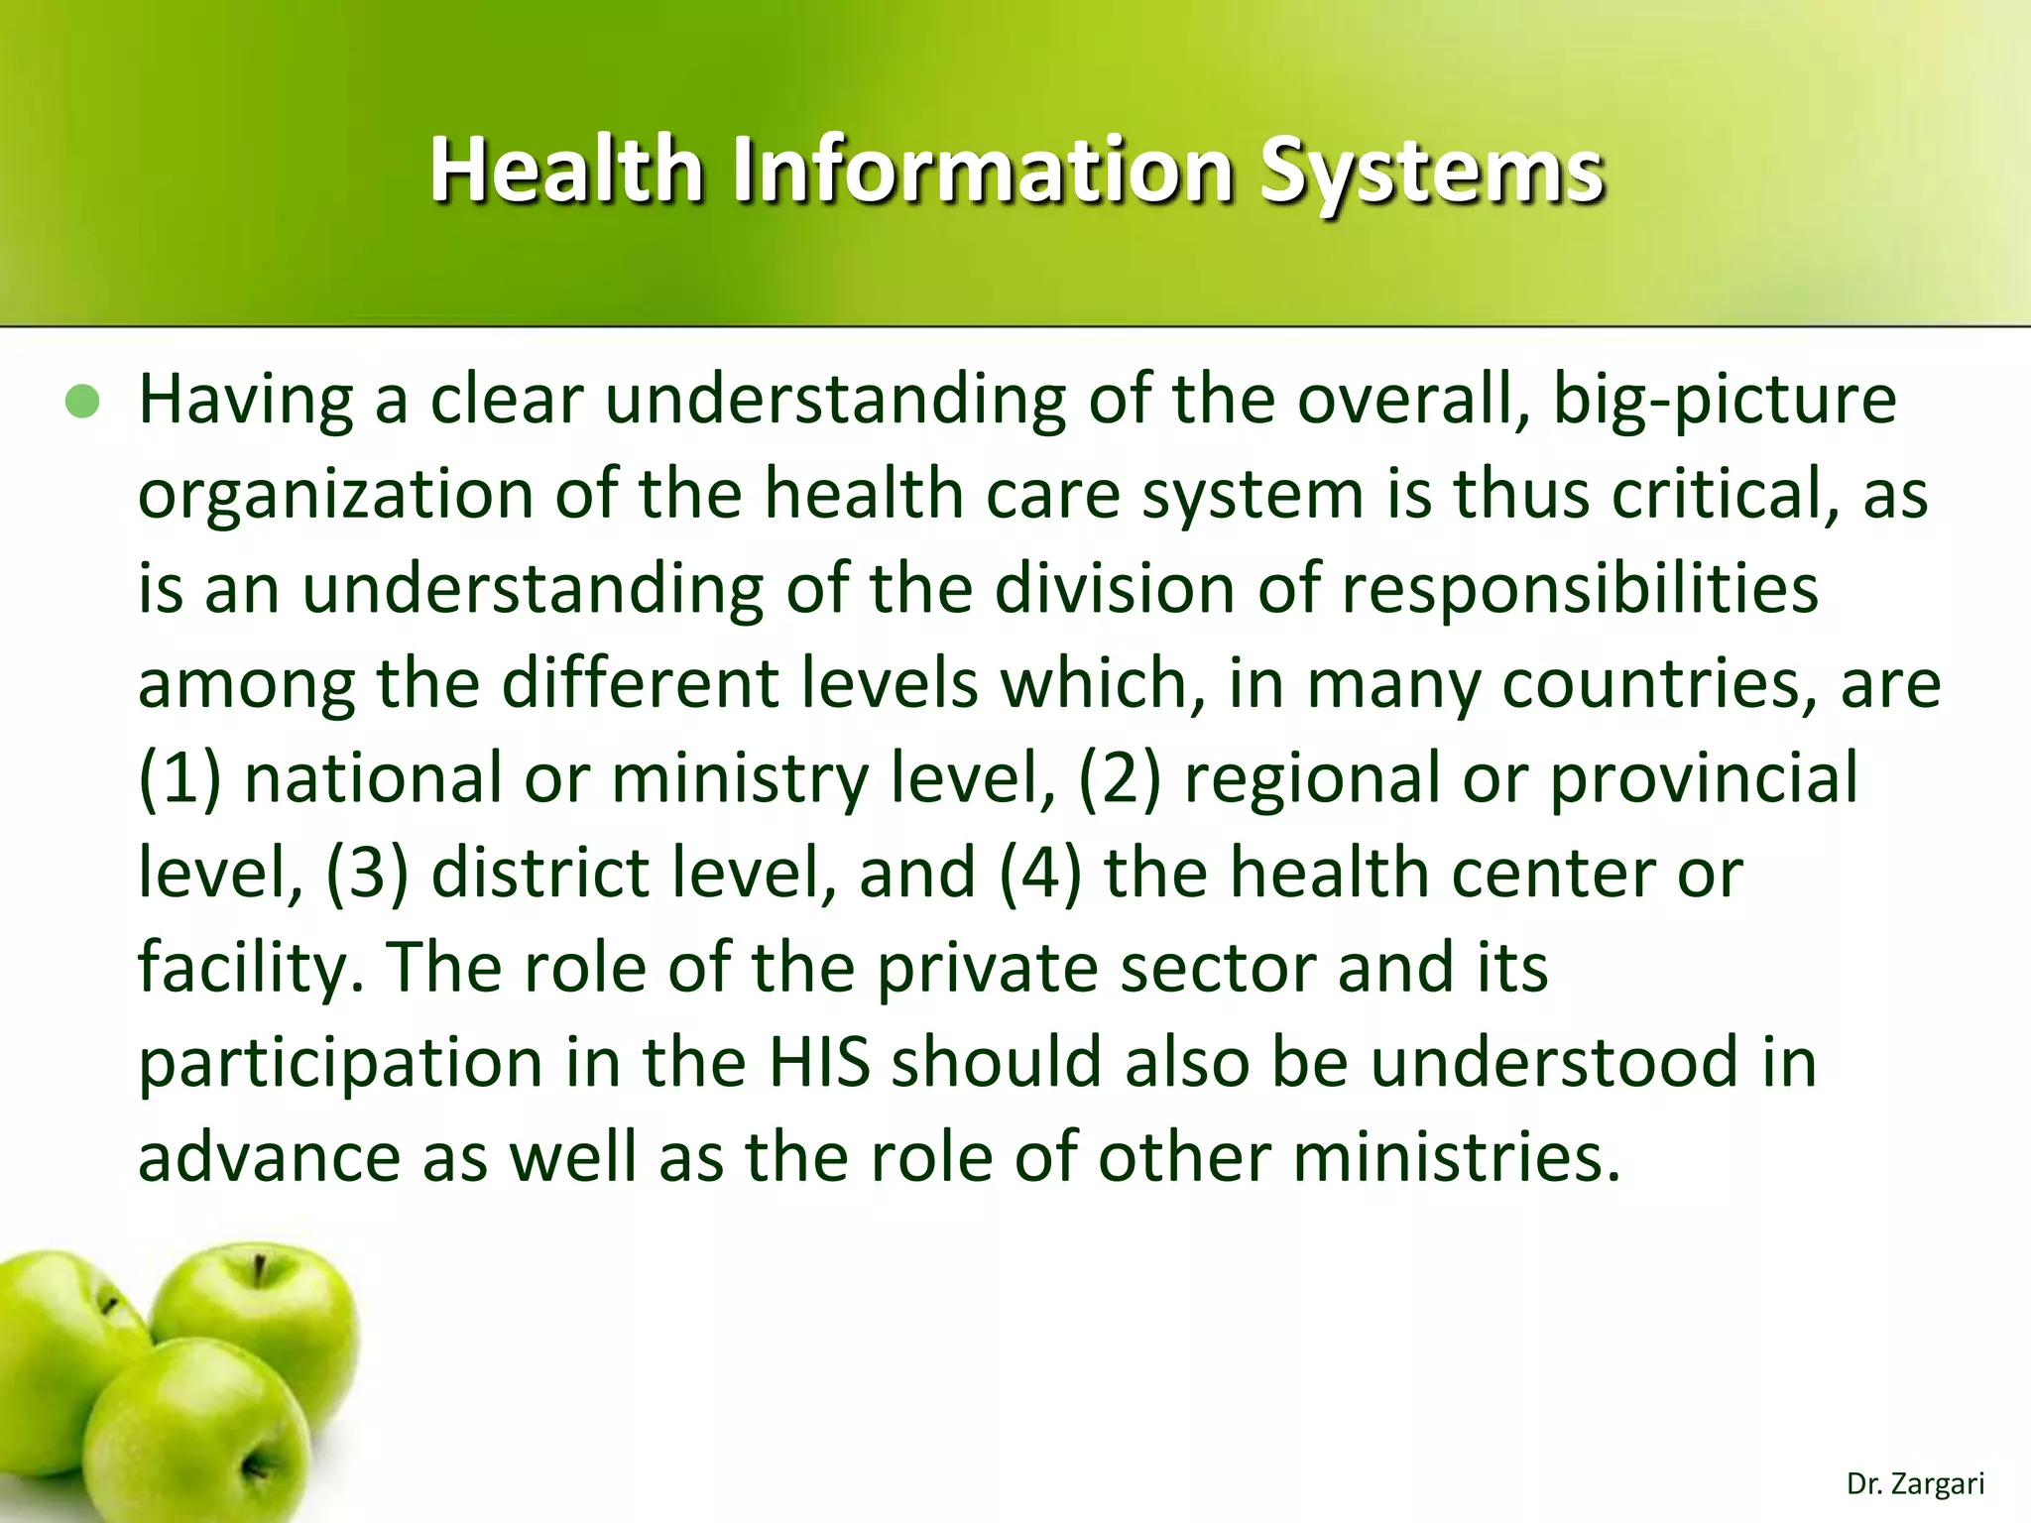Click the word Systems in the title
pyautogui.click(x=1431, y=171)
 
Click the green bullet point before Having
pyautogui.click(x=83, y=402)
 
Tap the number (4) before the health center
pyautogui.click(x=1040, y=874)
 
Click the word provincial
pyautogui.click(x=1704, y=778)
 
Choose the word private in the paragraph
pyautogui.click(x=987, y=968)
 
